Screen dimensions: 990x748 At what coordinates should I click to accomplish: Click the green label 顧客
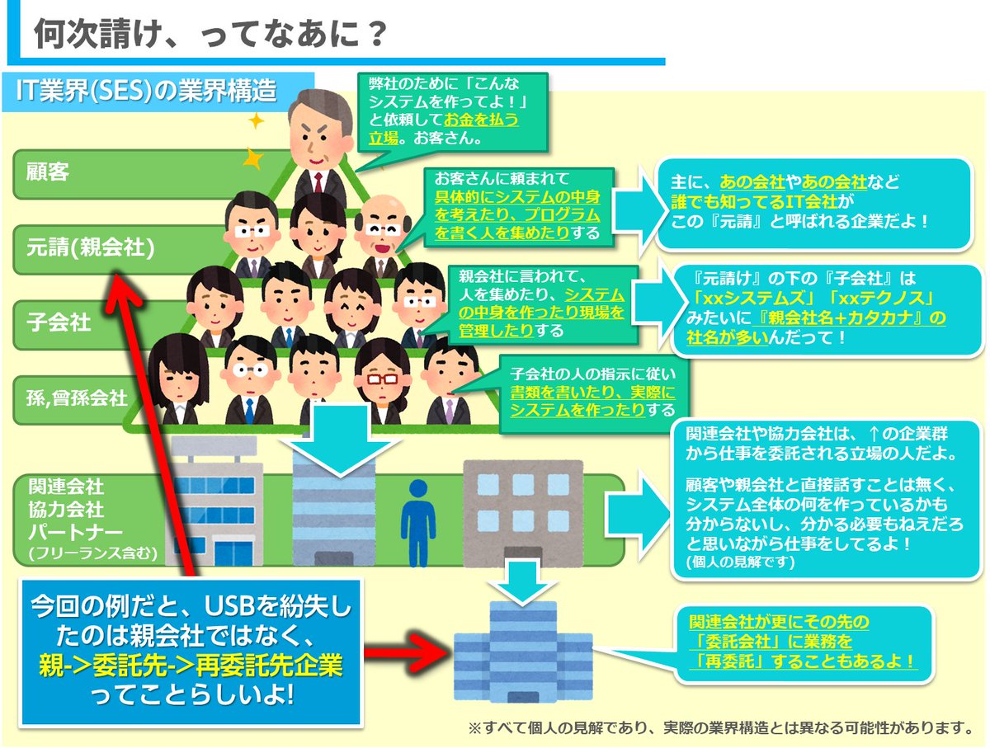tap(47, 172)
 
